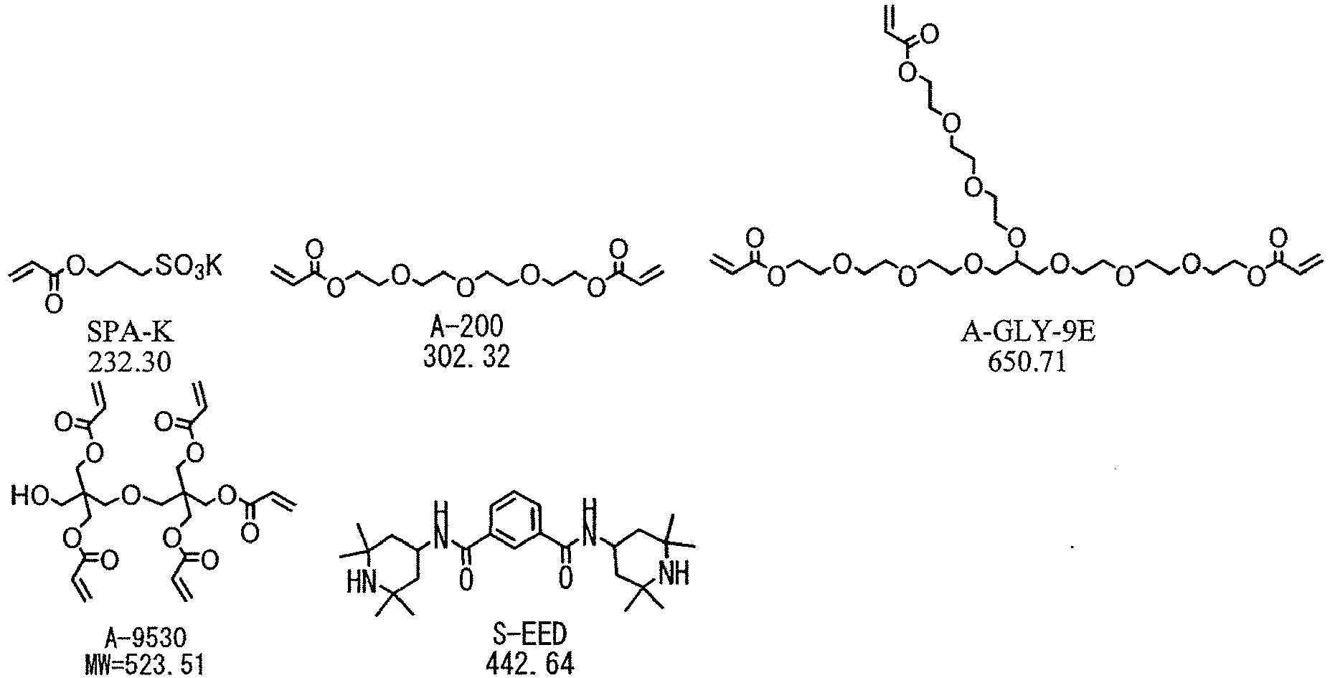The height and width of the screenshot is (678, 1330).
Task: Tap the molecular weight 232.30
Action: pos(130,362)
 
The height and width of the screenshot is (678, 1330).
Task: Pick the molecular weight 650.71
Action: pos(1027,362)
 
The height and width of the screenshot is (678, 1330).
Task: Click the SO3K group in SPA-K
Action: pos(188,268)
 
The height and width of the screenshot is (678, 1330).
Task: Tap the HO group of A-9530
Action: pos(29,496)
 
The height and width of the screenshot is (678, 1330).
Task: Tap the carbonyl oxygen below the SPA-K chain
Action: pos(52,306)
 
